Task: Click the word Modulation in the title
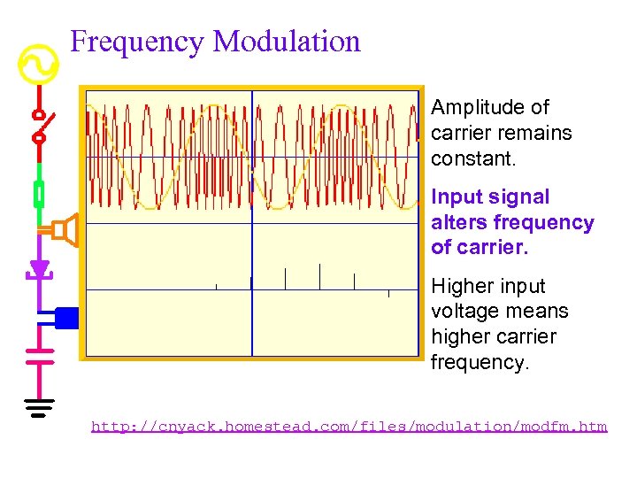point(287,42)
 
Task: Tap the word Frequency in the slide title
point(137,42)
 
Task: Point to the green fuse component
point(39,192)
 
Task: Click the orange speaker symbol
point(64,231)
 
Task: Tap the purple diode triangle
point(39,268)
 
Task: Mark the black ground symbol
point(39,407)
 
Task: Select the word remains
point(536,134)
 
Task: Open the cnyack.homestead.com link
point(349,427)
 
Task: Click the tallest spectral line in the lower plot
point(319,276)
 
